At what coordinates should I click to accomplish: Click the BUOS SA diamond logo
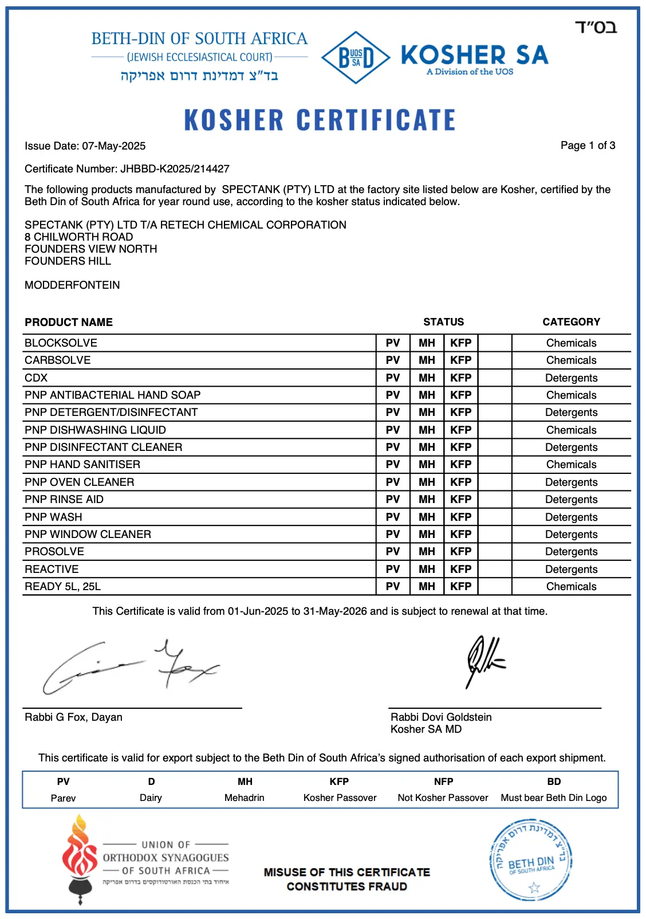point(356,57)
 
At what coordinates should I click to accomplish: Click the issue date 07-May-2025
point(113,146)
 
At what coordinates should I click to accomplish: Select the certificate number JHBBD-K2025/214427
point(175,169)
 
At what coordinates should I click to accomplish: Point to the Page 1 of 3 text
point(588,146)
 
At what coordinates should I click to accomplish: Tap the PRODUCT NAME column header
point(69,322)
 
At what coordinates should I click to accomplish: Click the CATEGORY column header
point(571,322)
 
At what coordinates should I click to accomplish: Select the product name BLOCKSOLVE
point(61,343)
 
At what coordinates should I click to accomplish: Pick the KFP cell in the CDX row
point(460,378)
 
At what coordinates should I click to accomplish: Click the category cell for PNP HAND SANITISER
point(571,465)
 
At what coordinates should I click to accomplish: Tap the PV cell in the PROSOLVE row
point(393,552)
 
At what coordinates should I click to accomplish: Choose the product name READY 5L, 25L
point(62,587)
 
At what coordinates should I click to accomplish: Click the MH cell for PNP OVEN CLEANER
point(427,482)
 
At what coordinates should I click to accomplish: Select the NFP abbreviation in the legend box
point(443,781)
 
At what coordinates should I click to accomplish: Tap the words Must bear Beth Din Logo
point(553,798)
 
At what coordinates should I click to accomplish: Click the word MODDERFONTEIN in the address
point(72,285)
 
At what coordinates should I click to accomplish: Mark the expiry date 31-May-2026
point(335,611)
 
